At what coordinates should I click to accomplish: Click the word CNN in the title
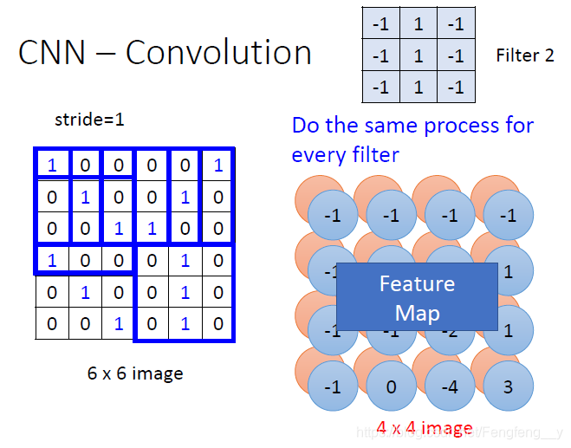(x=52, y=54)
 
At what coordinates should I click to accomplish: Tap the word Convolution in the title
(x=218, y=54)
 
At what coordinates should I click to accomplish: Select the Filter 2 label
(x=525, y=56)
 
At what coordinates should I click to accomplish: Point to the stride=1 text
(x=89, y=120)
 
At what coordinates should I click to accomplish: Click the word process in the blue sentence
(x=451, y=126)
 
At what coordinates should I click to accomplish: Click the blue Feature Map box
(x=417, y=297)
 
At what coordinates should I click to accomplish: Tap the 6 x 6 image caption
(x=135, y=374)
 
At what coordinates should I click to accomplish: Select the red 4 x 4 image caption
(x=425, y=427)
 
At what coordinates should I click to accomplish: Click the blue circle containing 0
(x=392, y=387)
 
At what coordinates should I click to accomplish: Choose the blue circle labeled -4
(x=451, y=387)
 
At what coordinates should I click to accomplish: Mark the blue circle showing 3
(x=509, y=387)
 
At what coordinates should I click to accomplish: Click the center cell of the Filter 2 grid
(x=419, y=55)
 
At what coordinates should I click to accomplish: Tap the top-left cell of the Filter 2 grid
(x=380, y=24)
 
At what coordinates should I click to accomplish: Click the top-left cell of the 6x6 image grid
(x=51, y=166)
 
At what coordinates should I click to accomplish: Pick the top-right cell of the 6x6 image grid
(x=217, y=166)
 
